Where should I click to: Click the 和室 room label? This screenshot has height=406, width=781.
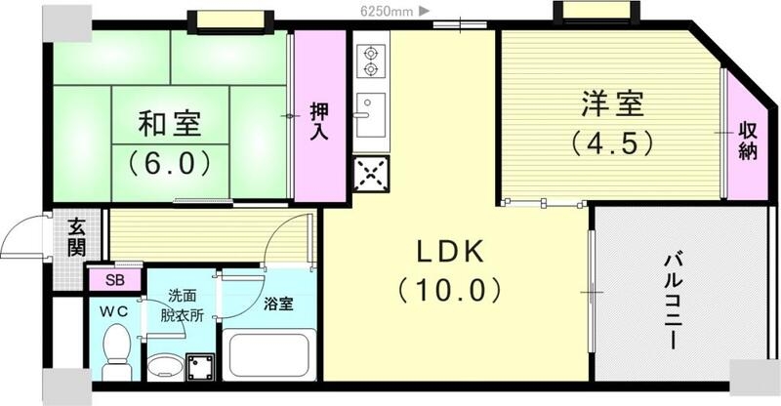coord(170,124)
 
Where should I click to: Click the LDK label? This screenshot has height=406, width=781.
coord(450,252)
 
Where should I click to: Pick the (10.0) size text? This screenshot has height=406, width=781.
coord(450,289)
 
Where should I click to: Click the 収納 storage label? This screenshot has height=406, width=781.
coord(748,140)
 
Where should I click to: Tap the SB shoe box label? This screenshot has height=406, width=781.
coord(114,281)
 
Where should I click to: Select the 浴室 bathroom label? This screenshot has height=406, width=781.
coord(278,304)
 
